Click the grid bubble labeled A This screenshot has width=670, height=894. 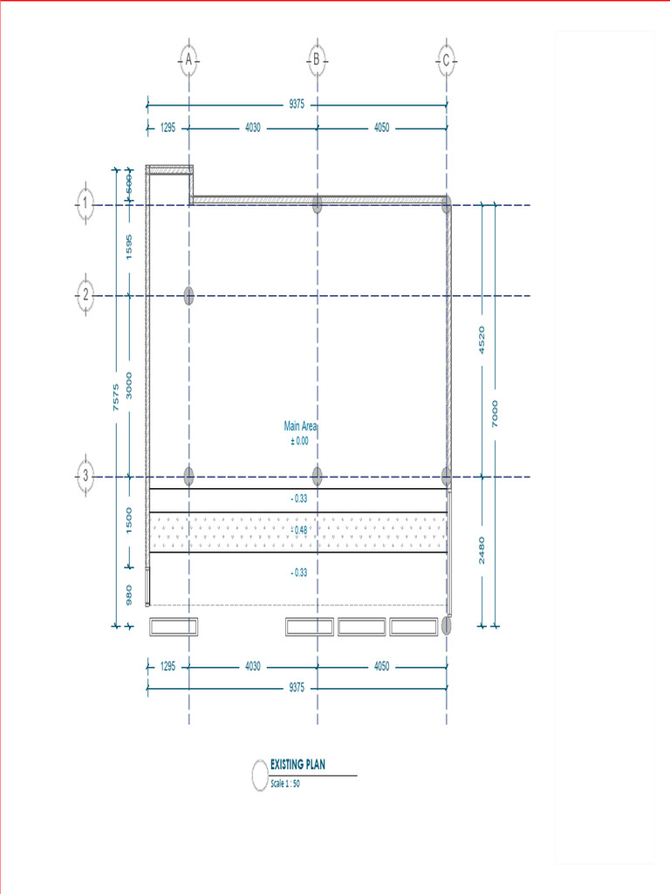click(x=188, y=59)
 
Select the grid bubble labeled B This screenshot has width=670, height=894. click(x=317, y=59)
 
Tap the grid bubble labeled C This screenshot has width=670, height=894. click(x=446, y=60)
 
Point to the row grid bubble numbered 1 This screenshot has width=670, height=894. click(x=85, y=203)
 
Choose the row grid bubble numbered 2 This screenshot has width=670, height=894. click(x=85, y=295)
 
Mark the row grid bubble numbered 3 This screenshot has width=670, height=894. click(x=85, y=476)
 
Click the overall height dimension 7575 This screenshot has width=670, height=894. click(x=116, y=397)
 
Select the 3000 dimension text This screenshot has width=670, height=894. click(x=129, y=385)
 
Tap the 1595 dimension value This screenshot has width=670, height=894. click(x=129, y=247)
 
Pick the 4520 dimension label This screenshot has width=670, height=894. click(x=482, y=340)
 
